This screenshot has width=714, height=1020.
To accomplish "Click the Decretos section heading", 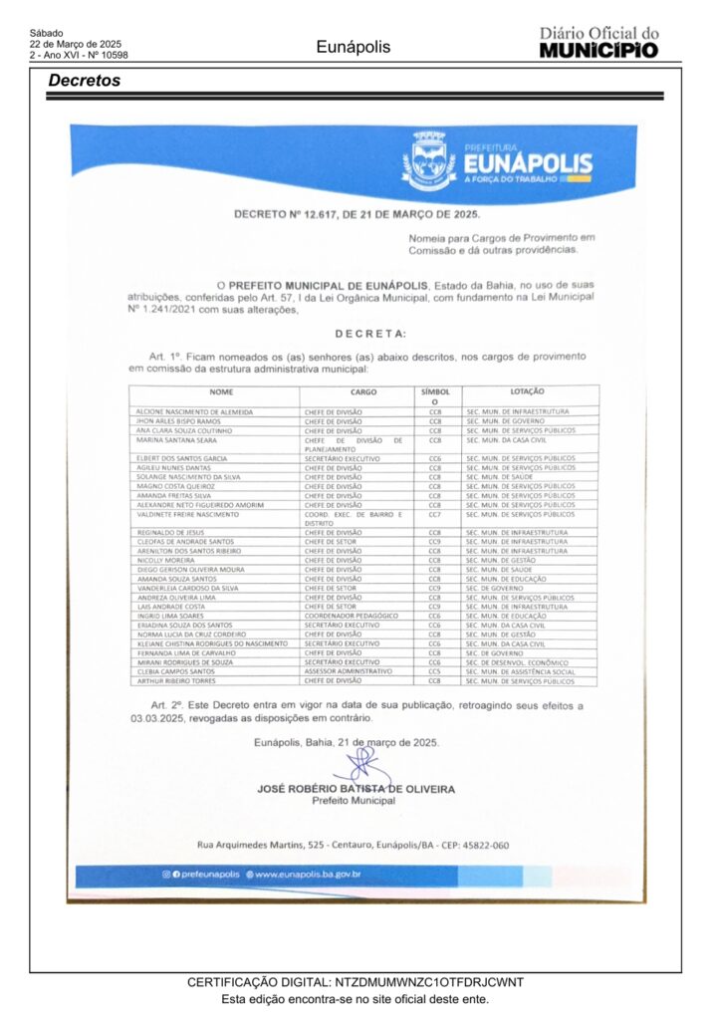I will pyautogui.click(x=85, y=81).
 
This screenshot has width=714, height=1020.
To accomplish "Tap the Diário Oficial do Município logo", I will pyautogui.click(x=598, y=43).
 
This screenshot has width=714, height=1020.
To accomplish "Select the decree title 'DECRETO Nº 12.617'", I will pyautogui.click(x=357, y=214).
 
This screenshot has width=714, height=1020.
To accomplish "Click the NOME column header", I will pyautogui.click(x=221, y=391).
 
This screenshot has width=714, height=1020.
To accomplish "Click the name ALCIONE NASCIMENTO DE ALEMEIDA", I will pyautogui.click(x=195, y=411).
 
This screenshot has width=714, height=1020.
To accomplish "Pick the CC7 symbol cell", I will pyautogui.click(x=434, y=515).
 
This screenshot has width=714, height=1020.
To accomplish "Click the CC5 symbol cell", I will pyautogui.click(x=434, y=671).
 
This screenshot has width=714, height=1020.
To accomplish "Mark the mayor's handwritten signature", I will pyautogui.click(x=357, y=766).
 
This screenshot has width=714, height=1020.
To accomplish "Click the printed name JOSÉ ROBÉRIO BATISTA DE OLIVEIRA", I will pyautogui.click(x=356, y=789).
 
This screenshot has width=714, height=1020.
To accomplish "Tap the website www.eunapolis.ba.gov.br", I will pyautogui.click(x=307, y=875).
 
